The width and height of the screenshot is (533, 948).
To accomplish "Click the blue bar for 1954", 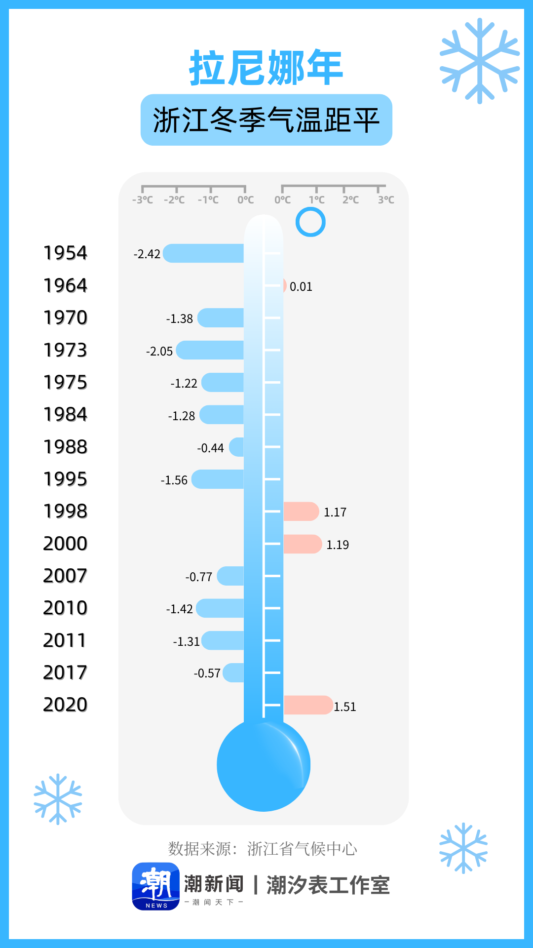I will pyautogui.click(x=203, y=253).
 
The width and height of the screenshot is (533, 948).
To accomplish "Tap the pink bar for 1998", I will pyautogui.click(x=301, y=512).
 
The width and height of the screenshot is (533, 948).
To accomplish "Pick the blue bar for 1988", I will pyautogui.click(x=237, y=447).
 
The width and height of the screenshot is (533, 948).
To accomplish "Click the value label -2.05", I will pyautogui.click(x=159, y=351).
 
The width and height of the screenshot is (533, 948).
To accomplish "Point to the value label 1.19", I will pyautogui.click(x=338, y=545).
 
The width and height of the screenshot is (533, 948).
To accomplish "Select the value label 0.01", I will pyautogui.click(x=301, y=287).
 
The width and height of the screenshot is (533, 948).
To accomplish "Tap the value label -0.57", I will pyautogui.click(x=207, y=673).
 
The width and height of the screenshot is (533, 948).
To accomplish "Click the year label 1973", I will pyautogui.click(x=65, y=350).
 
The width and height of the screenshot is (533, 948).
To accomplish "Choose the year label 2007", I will pyautogui.click(x=65, y=576).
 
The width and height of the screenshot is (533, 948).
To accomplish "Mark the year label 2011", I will pyautogui.click(x=65, y=640).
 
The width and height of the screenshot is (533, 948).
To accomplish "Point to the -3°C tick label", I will pyautogui.click(x=143, y=200).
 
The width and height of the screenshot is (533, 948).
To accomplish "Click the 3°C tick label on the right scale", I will pyautogui.click(x=386, y=200).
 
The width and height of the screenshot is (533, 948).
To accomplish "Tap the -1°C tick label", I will pyautogui.click(x=208, y=200).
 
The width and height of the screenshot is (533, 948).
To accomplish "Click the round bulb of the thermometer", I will pyautogui.click(x=264, y=765).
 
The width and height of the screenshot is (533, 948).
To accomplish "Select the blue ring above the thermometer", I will pyautogui.click(x=310, y=222).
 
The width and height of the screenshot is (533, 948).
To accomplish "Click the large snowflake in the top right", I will pyautogui.click(x=479, y=61).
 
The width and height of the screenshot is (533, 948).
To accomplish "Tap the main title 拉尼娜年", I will pyautogui.click(x=266, y=68).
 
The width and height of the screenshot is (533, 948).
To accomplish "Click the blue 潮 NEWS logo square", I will pyautogui.click(x=156, y=886).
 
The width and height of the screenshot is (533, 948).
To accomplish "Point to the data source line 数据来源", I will pyautogui.click(x=263, y=849).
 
